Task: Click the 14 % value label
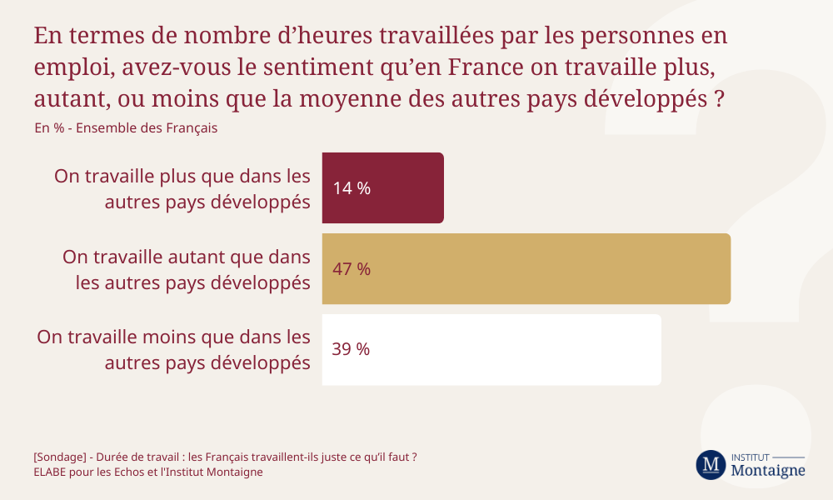tap(352, 188)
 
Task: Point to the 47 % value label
tap(352, 269)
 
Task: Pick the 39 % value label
tap(351, 350)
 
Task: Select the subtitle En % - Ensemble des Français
tap(126, 128)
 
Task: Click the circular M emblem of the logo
tap(711, 465)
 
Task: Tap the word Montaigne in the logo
tap(767, 471)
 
